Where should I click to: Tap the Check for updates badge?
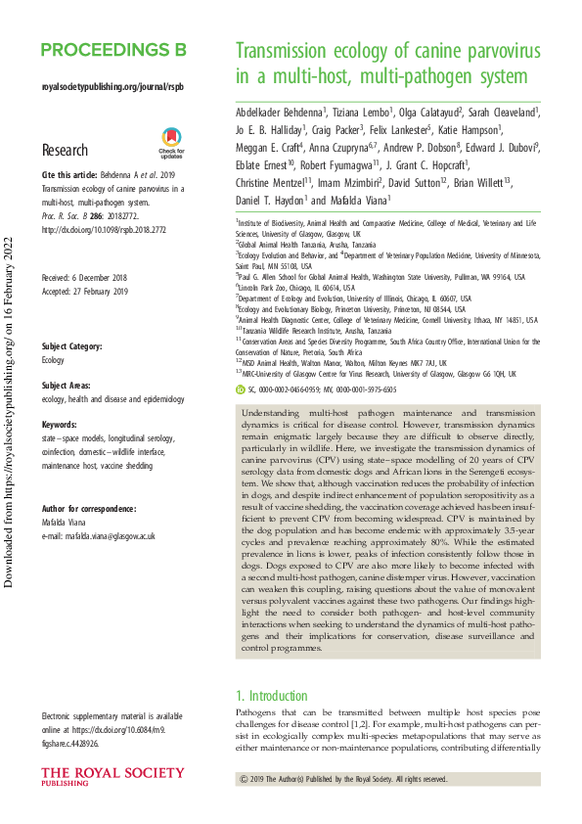171,143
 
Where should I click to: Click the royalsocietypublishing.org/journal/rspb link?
112,87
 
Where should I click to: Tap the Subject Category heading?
79,346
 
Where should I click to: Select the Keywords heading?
65,426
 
